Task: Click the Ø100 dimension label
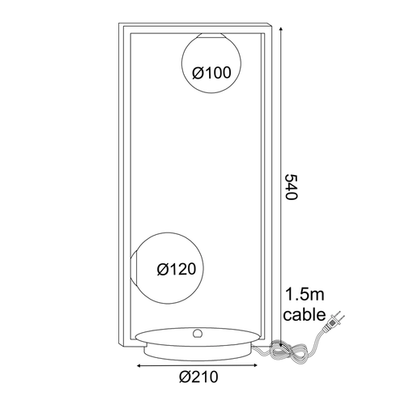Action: point(211,73)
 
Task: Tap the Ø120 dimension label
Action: point(177,269)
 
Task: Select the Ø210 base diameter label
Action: point(198,377)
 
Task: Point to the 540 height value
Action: point(292,187)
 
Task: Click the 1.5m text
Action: point(305,295)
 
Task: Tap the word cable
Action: point(305,314)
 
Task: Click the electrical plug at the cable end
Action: point(335,322)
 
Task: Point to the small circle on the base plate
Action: point(198,334)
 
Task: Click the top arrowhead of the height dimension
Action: point(281,29)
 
